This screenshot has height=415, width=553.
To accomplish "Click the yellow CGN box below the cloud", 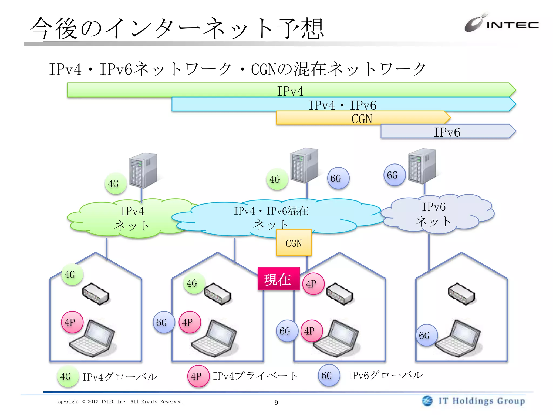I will [294, 243].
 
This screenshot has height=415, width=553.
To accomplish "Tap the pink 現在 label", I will [278, 279].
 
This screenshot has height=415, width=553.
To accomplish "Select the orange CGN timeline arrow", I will [362, 118].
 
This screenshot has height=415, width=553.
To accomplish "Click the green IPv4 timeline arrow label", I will [290, 91].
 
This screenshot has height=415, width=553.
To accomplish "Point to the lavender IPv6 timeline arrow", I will [447, 132].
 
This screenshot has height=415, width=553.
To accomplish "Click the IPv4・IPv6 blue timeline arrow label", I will [342, 105].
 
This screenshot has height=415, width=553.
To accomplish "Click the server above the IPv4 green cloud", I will [143, 170].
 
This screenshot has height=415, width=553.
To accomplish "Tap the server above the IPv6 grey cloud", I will [422, 166].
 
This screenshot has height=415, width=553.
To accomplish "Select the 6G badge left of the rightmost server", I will [394, 175].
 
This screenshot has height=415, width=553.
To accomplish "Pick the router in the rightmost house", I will [461, 294].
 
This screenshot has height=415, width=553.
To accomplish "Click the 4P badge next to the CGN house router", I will [313, 284].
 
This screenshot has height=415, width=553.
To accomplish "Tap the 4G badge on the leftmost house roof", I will [72, 275].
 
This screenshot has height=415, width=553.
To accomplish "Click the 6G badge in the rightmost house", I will [426, 335].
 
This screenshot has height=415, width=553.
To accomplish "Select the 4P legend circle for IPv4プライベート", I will [198, 376].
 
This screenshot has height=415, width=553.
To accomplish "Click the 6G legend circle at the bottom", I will [329, 375].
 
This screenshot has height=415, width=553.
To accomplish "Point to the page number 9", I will [276, 403].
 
